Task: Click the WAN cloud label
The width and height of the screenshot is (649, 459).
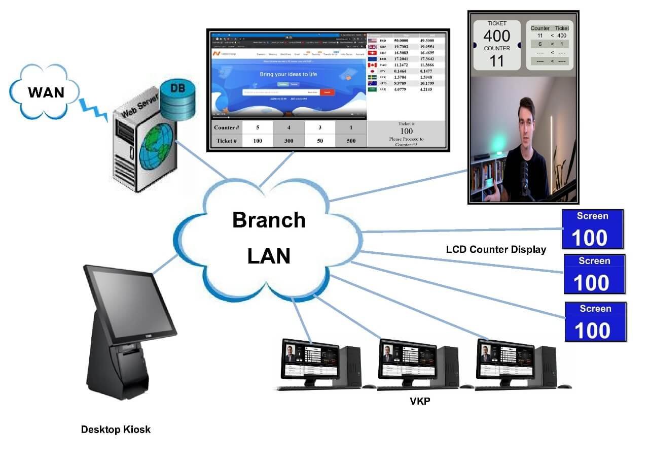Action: [46, 92]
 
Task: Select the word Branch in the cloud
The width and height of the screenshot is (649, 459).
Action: [269, 220]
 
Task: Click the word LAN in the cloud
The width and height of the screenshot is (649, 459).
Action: [269, 255]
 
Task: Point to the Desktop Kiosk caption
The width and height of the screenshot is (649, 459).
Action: [116, 430]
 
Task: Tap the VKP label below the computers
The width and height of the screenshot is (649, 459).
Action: [420, 401]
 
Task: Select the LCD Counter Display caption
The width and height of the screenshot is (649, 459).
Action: [496, 249]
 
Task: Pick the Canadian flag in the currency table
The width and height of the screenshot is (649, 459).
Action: [373, 65]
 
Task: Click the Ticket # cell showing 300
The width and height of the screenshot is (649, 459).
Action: [289, 141]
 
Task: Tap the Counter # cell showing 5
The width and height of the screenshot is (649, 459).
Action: [258, 127]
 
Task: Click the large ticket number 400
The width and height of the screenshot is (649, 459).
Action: [497, 36]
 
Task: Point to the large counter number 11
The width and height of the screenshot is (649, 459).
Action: [497, 61]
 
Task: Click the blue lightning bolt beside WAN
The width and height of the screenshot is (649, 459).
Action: [94, 109]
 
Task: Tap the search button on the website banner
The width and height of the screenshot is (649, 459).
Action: [328, 92]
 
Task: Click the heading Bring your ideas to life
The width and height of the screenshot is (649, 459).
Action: [289, 75]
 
